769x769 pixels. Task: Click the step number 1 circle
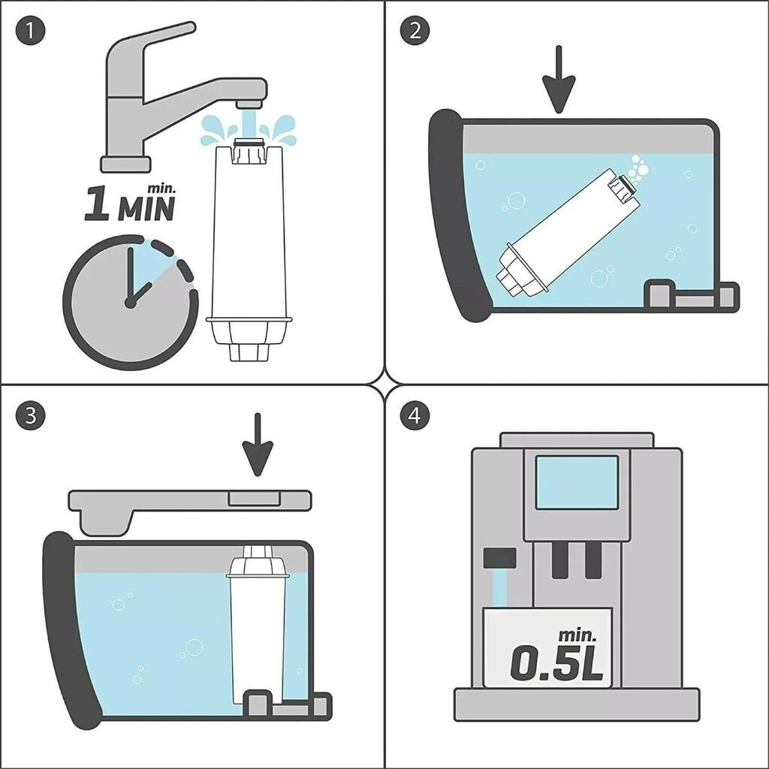point(30,31)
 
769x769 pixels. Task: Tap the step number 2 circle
point(415,31)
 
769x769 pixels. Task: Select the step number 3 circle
point(30,416)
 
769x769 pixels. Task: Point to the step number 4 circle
point(415,416)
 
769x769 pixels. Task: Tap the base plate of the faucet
point(125,164)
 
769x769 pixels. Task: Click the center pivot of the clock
point(130,303)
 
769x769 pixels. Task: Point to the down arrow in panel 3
point(257,445)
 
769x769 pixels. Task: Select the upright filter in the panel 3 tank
point(257,623)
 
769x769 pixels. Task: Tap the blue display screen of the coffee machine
point(577,482)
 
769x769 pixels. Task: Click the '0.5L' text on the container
point(556,663)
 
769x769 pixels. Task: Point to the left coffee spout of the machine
point(560,559)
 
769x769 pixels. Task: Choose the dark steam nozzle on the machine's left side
point(499,558)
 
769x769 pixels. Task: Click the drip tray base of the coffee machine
point(577,704)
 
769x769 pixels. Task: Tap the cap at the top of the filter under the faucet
point(250,151)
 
